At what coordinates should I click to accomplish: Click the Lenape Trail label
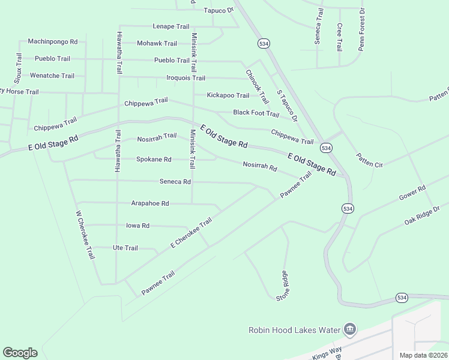coord(171,26)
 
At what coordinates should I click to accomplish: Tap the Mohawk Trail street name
coord(157,43)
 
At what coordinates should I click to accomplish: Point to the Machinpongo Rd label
coord(53,42)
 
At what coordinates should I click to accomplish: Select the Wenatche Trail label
coord(52,76)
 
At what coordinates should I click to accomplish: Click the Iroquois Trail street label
coord(185,78)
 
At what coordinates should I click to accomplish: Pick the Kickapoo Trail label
coord(228,95)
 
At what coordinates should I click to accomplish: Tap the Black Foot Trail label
coord(256,113)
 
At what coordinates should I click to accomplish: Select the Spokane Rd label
coord(154,160)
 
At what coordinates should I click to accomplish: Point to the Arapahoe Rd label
coord(150,203)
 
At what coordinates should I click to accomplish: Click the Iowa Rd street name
coord(137,226)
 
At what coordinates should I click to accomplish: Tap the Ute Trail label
coord(125,248)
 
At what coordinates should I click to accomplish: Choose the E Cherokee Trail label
coord(191,233)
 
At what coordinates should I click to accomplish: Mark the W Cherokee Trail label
coord(85,235)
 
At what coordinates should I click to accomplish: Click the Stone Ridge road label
coord(283,285)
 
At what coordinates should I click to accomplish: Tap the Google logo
coord(20,353)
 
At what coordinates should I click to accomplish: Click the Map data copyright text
coord(424,355)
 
